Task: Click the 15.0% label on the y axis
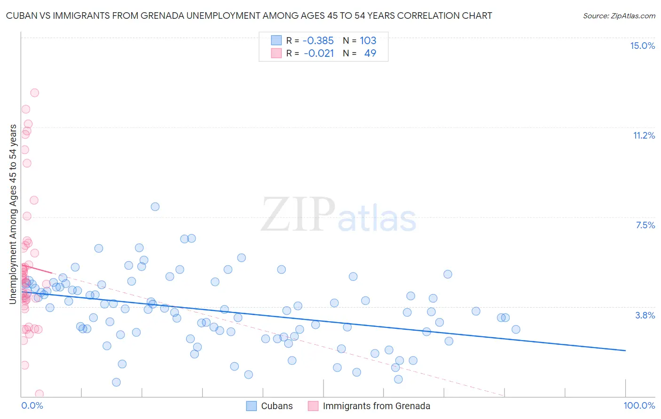[642, 46]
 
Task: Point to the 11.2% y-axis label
[644, 135]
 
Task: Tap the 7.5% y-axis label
[645, 225]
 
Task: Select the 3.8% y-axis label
[645, 315]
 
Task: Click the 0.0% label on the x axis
[32, 405]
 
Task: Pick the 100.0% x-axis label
[639, 405]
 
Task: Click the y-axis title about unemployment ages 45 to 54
[13, 214]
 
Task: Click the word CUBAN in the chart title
[22, 16]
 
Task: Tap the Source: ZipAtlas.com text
[619, 16]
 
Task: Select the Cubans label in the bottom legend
[276, 406]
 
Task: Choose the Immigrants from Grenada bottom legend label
[376, 406]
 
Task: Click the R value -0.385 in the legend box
[318, 41]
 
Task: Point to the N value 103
[368, 41]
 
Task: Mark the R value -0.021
[319, 53]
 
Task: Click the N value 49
[370, 53]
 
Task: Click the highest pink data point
[34, 93]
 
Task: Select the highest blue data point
[155, 207]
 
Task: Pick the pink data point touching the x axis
[39, 394]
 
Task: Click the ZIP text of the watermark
[298, 215]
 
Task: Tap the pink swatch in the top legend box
[276, 53]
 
